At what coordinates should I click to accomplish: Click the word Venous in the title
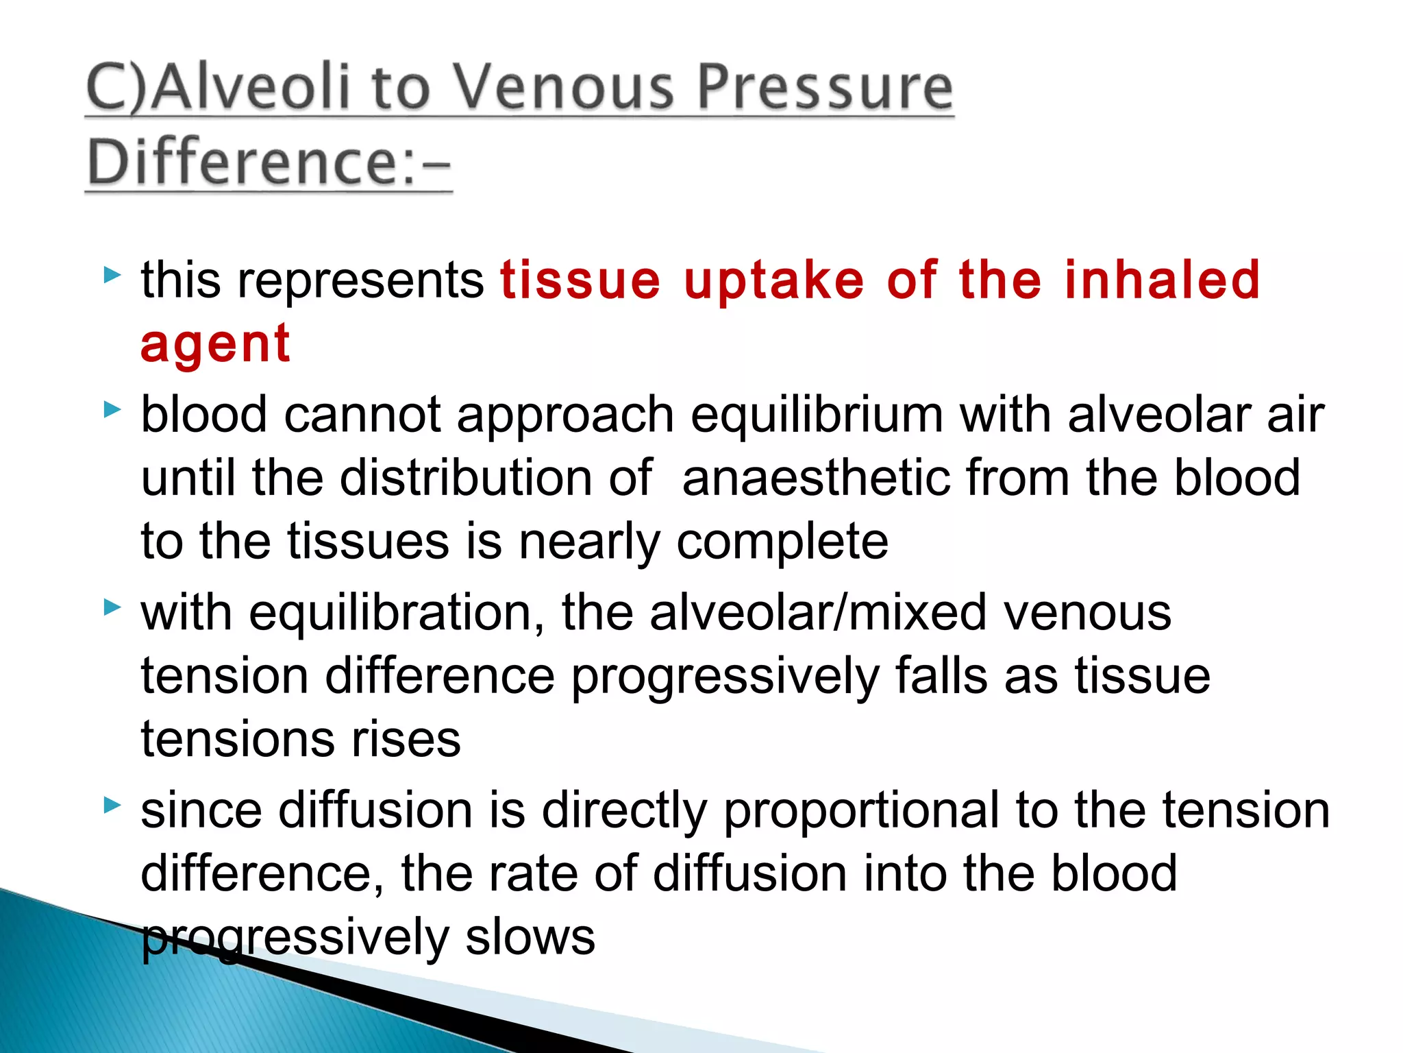tap(564, 88)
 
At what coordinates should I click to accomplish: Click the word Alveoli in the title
tap(252, 88)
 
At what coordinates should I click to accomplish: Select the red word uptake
tap(774, 281)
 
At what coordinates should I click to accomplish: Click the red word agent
tap(215, 344)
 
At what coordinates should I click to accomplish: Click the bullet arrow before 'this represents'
tap(112, 276)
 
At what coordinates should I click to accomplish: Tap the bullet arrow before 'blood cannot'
tap(112, 411)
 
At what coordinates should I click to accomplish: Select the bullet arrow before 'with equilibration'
tap(112, 607)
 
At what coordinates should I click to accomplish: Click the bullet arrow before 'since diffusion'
tap(112, 805)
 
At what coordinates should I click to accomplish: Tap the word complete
tap(782, 542)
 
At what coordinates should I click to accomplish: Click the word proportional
tap(861, 811)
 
